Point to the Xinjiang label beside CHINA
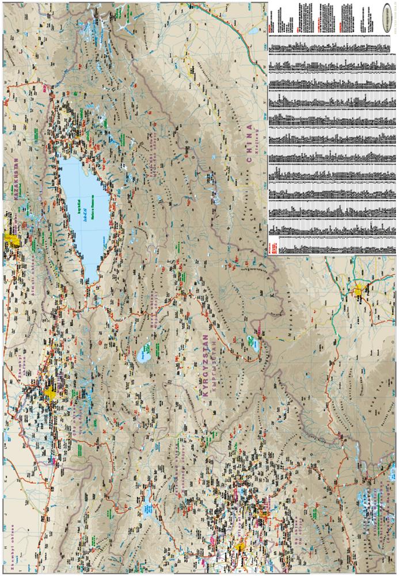click(x=257, y=138)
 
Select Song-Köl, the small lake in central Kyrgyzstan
click(x=146, y=351)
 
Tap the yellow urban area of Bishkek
click(x=51, y=393)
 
